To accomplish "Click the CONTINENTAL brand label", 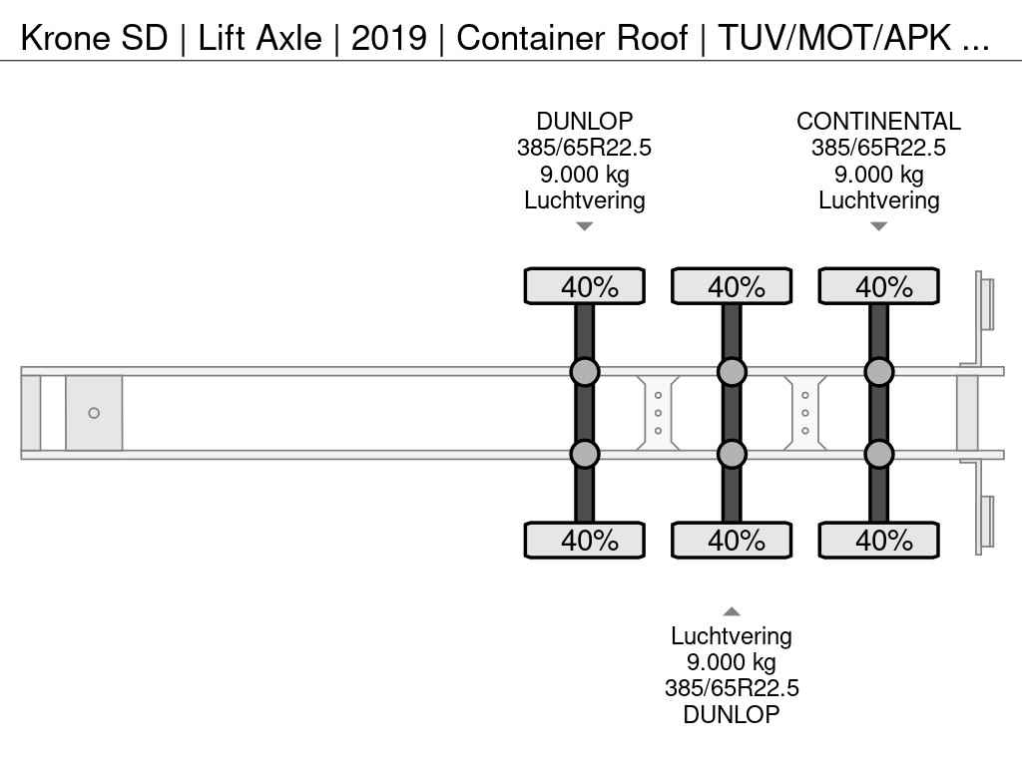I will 878,122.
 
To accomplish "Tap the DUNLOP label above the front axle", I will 584,122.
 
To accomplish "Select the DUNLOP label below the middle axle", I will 732,714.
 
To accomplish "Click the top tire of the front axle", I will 585,286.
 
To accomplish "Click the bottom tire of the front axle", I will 585,541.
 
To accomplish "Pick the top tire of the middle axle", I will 732,286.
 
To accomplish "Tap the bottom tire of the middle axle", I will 732,541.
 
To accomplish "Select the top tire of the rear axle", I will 878,286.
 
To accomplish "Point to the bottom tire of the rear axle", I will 878,541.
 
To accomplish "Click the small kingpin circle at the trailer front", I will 94,413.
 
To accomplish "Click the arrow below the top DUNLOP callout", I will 585,226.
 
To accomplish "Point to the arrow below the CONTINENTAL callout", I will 878,226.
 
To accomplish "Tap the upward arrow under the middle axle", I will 732,611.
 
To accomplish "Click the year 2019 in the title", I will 388,38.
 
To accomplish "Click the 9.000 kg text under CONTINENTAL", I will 878,175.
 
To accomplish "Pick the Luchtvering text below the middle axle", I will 732,636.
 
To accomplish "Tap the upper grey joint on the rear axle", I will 878,372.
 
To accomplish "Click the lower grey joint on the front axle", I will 585,454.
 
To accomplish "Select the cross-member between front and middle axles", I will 658,413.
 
